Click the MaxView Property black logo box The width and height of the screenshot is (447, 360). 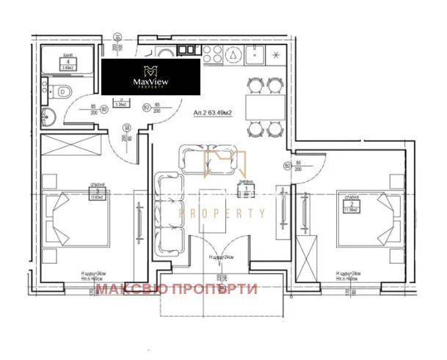click(150, 77)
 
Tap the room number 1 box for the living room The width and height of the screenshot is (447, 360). click(247, 189)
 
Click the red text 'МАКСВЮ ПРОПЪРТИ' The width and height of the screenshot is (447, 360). click(177, 289)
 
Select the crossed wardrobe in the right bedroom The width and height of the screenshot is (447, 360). click(308, 256)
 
